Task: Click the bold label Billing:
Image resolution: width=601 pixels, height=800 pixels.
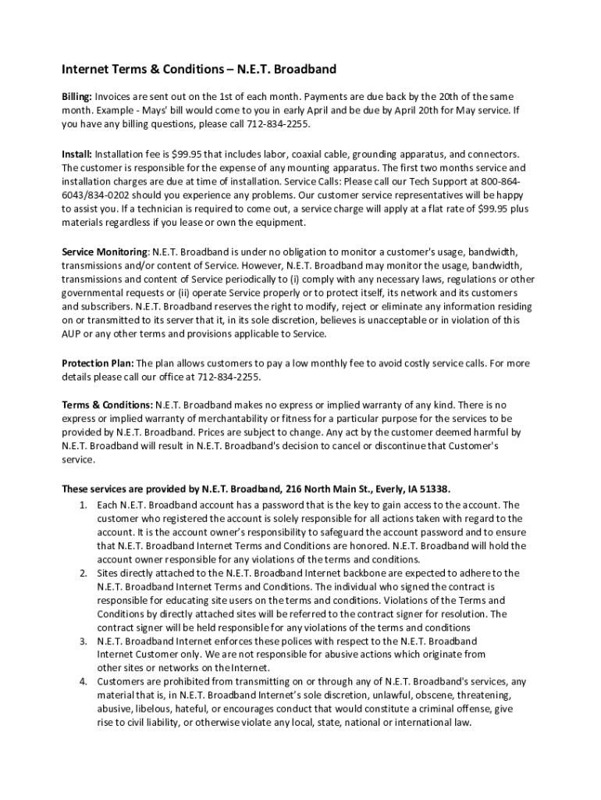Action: coord(77,96)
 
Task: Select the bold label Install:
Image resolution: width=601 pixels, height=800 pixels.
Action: coord(76,155)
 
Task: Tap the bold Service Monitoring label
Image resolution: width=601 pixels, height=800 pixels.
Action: coord(105,252)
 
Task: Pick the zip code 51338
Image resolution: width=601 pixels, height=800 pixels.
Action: coord(435,489)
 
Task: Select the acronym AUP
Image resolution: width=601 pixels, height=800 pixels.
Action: coord(73,334)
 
